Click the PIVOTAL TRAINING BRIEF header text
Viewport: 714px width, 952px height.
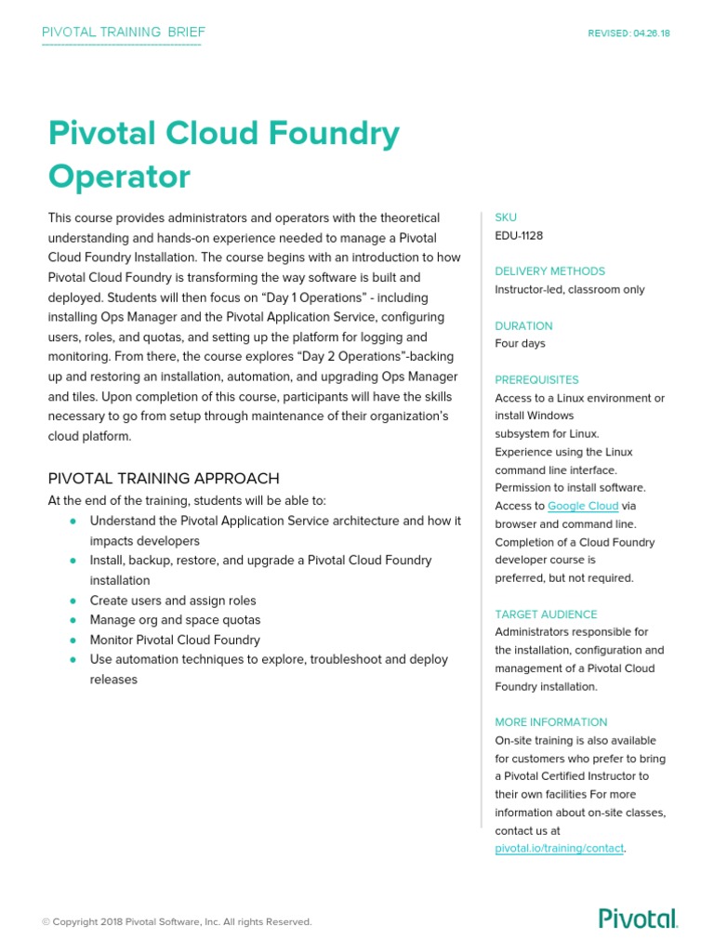pos(124,33)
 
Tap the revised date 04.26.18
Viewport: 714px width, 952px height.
pos(628,33)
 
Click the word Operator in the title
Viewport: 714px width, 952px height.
pos(119,177)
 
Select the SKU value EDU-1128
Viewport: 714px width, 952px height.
pos(519,235)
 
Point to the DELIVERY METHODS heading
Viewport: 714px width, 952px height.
pos(549,271)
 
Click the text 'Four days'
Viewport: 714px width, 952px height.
pos(520,343)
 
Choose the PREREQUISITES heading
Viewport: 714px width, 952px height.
pos(536,379)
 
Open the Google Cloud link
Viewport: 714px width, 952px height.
pos(583,506)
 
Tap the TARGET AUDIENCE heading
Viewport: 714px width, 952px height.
pos(546,615)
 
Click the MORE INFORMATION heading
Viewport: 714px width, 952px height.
pos(550,722)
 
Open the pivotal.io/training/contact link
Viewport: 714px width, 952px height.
pos(559,849)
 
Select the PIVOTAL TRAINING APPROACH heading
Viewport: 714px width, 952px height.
pos(164,479)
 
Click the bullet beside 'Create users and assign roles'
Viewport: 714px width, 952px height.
pos(73,601)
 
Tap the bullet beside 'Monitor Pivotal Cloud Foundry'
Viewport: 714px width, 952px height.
pos(73,640)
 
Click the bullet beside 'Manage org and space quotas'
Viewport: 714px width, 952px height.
pos(73,620)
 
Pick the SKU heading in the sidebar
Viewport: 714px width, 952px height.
pos(505,218)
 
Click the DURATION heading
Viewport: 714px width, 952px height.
pos(523,326)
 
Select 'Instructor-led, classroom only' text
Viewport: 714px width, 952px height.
pos(569,289)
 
